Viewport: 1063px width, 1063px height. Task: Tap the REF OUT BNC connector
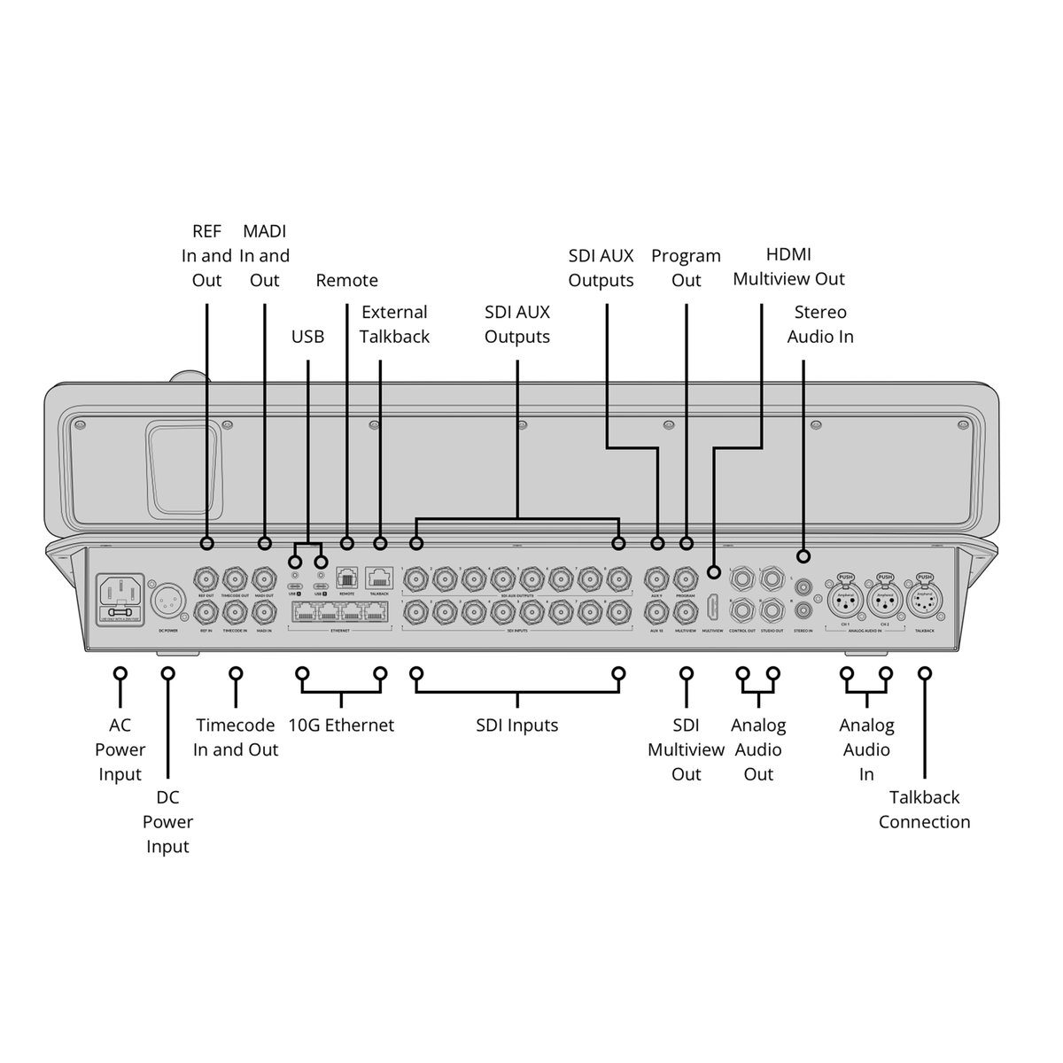[207, 580]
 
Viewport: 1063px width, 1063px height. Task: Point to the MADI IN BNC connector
[264, 612]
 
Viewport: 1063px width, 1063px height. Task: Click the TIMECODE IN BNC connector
[236, 612]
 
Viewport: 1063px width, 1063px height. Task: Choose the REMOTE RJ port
[346, 579]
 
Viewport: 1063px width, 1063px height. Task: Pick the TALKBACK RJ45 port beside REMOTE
[380, 578]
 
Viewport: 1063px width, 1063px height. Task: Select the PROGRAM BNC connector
[686, 580]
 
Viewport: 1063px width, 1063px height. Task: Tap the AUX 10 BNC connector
[657, 612]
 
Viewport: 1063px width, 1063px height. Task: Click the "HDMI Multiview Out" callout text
[788, 268]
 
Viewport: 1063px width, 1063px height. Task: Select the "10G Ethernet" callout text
[341, 725]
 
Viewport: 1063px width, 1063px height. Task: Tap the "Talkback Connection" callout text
[924, 810]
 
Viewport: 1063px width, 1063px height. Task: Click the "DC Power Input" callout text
[167, 822]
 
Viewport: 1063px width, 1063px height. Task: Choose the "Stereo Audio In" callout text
[820, 324]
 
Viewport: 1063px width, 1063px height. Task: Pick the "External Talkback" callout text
[394, 324]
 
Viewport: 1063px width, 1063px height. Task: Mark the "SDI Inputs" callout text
[517, 725]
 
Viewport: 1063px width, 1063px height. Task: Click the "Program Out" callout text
[686, 268]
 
